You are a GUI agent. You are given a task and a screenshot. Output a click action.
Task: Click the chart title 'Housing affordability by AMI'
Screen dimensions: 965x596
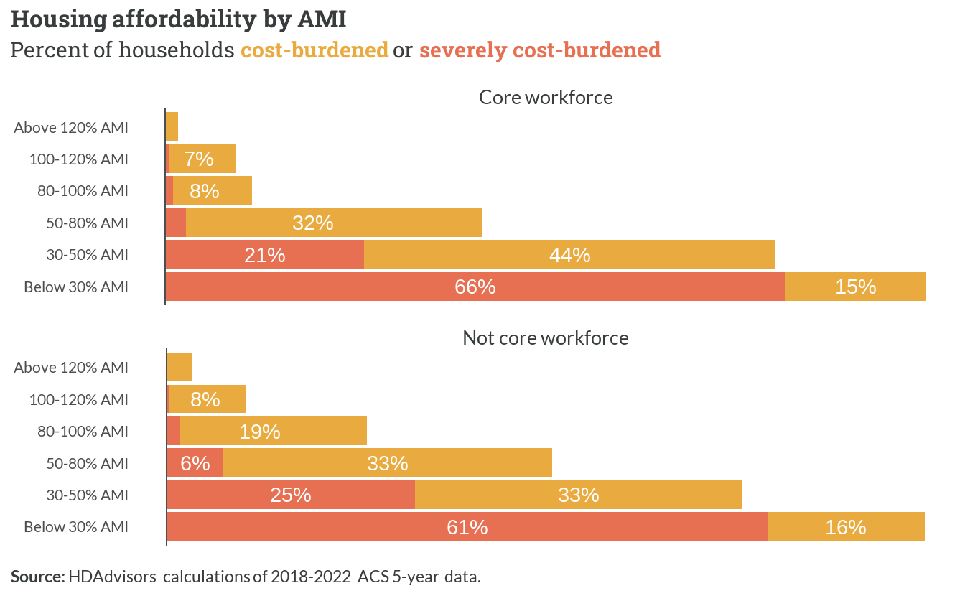click(x=178, y=20)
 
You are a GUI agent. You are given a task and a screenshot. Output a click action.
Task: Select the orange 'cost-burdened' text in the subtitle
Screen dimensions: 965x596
click(x=314, y=50)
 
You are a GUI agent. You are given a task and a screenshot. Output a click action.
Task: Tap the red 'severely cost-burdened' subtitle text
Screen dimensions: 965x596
click(x=540, y=50)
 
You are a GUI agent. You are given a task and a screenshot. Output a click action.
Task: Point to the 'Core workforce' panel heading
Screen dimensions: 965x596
click(x=546, y=98)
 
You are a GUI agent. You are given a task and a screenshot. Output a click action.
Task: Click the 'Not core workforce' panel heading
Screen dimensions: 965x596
click(x=546, y=338)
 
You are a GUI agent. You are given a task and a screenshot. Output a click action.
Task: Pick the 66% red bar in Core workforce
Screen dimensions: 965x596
click(x=475, y=287)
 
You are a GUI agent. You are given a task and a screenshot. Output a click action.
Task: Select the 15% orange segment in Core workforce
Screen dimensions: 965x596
click(x=855, y=287)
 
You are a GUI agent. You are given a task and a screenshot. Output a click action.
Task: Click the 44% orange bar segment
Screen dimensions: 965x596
click(x=569, y=254)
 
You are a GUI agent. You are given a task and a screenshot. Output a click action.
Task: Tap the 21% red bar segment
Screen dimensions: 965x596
click(x=265, y=254)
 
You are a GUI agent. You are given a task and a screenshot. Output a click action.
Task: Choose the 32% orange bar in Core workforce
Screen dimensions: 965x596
click(x=333, y=223)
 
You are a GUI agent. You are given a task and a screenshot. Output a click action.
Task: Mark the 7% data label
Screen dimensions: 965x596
click(x=199, y=159)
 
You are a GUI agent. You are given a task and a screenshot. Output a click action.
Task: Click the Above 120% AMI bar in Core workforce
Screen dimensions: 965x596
click(x=172, y=126)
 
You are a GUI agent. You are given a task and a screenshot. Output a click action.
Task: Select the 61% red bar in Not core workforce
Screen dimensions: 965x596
click(x=467, y=526)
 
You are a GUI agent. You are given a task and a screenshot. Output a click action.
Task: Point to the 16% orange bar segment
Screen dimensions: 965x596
click(x=846, y=526)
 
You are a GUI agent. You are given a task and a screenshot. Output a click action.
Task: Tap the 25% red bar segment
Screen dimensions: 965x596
click(x=291, y=495)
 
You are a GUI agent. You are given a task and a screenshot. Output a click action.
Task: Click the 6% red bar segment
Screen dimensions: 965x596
click(x=195, y=463)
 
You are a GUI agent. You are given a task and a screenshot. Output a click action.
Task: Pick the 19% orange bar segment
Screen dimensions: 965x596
click(x=273, y=431)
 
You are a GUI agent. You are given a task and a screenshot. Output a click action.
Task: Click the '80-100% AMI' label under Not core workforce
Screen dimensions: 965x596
click(x=83, y=432)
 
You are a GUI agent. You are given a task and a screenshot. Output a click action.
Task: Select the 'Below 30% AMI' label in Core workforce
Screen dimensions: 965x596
click(x=76, y=287)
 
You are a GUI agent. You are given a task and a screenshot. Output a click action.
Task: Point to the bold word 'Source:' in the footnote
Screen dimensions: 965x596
click(x=38, y=577)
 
